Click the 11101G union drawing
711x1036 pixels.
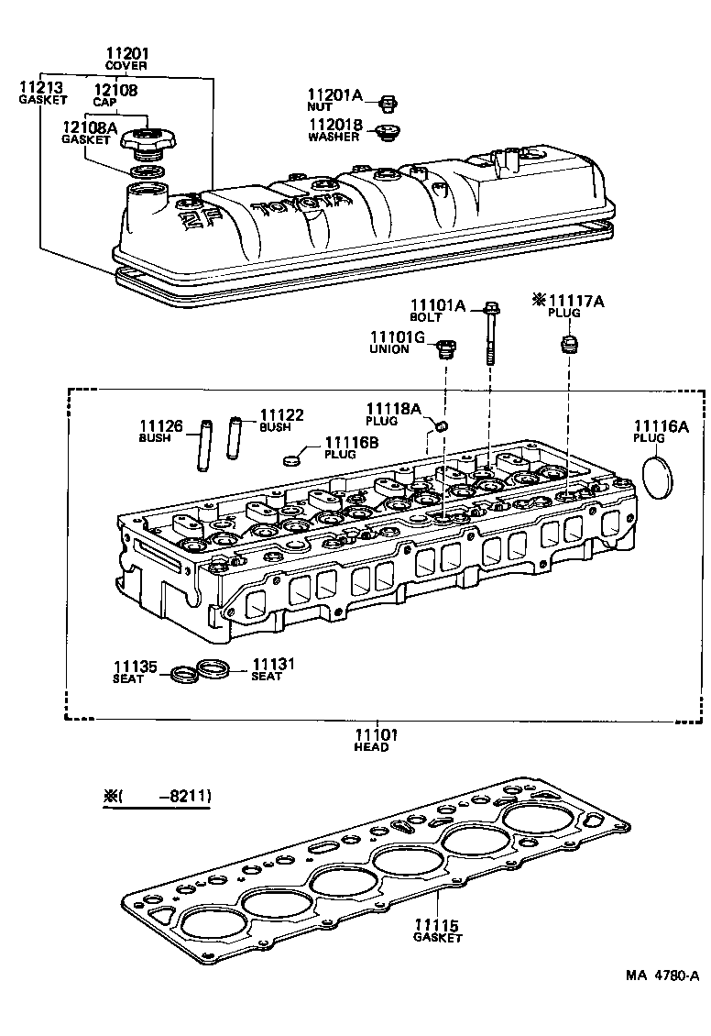(446, 349)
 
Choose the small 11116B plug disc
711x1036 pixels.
(291, 458)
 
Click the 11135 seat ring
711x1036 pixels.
(185, 676)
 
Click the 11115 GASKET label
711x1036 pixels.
(436, 931)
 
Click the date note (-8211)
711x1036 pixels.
(158, 797)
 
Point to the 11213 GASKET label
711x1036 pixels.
(42, 92)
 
